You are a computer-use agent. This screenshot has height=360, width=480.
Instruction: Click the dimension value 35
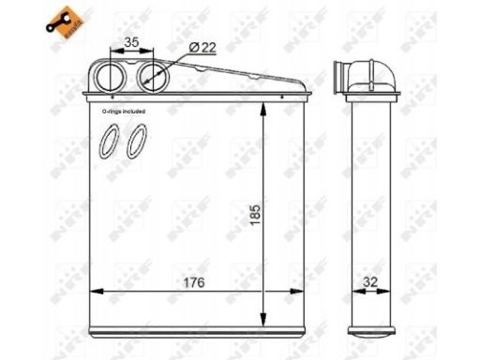130,43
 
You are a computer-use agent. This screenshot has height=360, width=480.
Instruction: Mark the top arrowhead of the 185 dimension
267,105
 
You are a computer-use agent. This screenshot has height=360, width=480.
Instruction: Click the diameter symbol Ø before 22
193,46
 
